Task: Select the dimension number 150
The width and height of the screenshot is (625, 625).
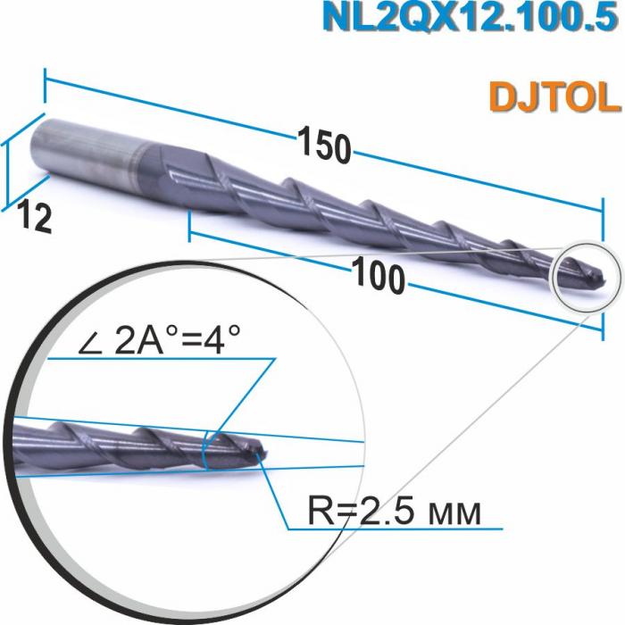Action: click(323, 146)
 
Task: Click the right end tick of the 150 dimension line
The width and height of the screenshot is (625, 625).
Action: click(604, 212)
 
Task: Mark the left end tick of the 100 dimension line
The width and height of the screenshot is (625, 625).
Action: click(189, 227)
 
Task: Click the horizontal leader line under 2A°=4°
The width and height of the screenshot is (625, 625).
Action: click(161, 359)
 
